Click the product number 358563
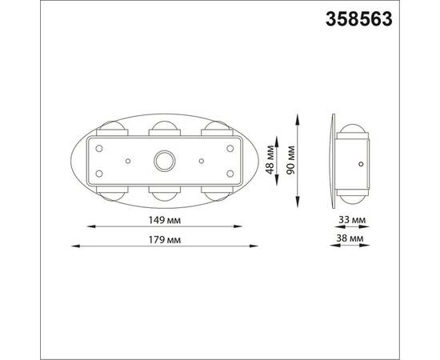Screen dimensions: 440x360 point(359,19)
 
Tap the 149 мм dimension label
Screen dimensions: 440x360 point(165,220)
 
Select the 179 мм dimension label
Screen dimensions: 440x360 point(165,240)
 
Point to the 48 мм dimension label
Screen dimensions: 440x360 point(270,160)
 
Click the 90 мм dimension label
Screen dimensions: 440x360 point(290,160)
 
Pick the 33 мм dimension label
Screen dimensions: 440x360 point(352,220)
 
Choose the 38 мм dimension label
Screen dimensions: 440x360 point(350,238)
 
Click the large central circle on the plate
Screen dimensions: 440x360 point(165,161)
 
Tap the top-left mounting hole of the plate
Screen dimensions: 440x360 point(99,149)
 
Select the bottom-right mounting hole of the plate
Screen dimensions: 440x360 point(230,174)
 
